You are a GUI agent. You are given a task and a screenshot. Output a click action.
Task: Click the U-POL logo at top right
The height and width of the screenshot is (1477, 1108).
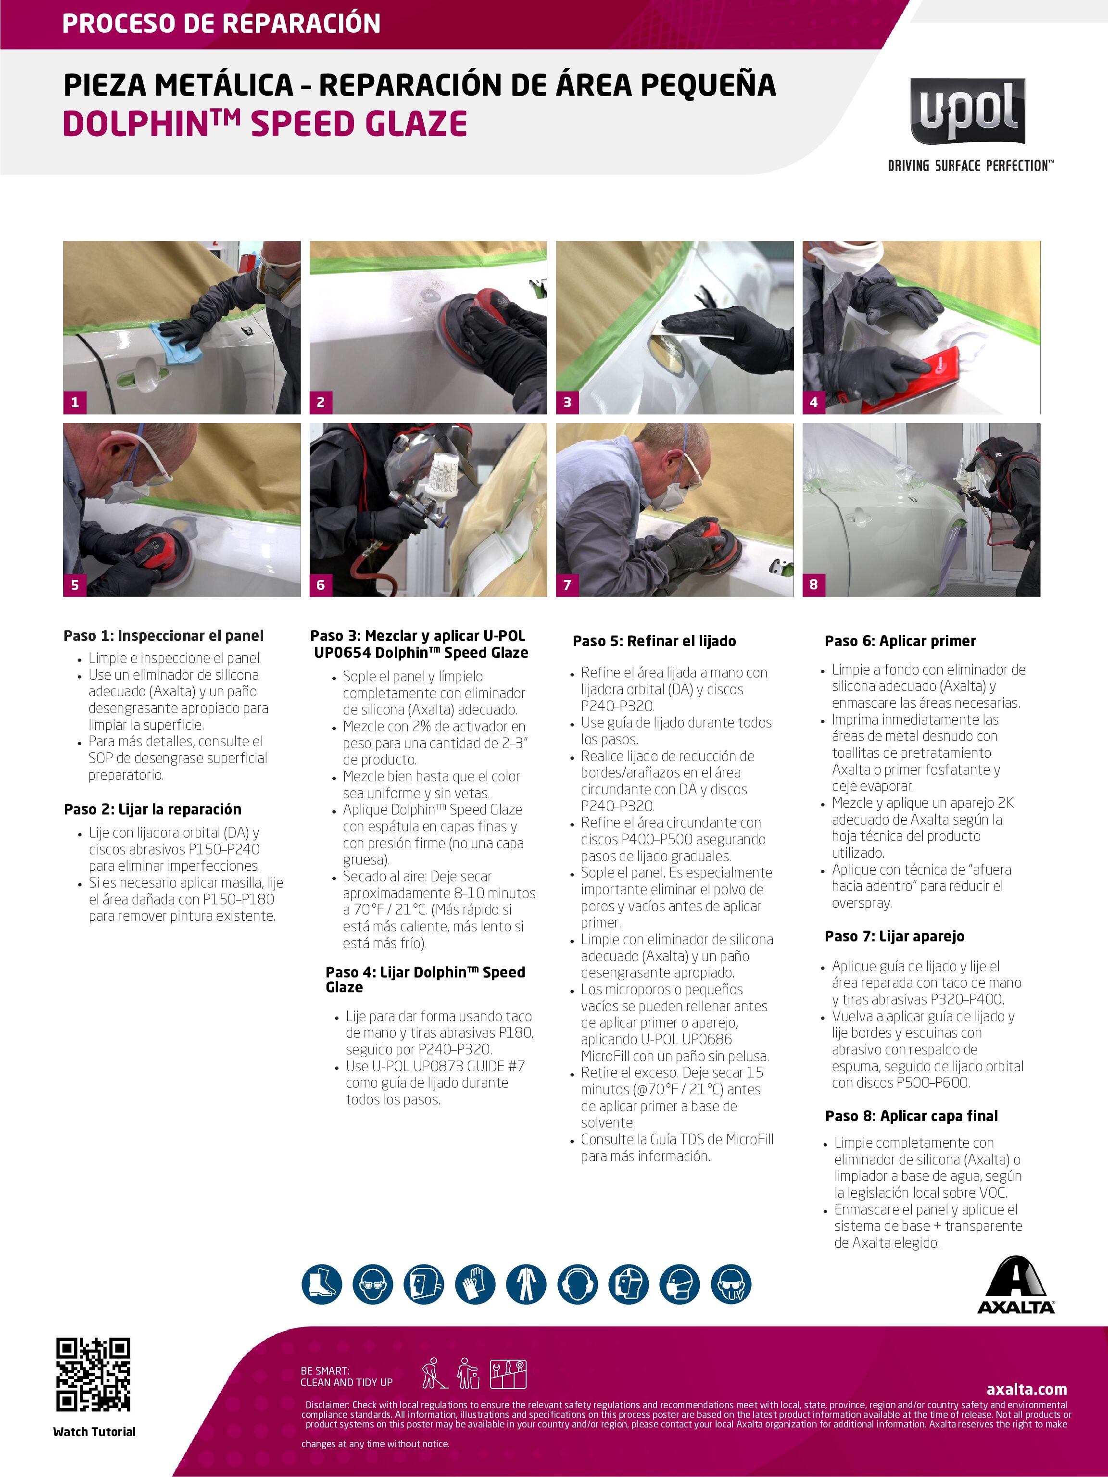tap(968, 111)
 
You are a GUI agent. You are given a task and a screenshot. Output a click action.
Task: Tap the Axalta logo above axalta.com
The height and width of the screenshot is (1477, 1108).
tap(1016, 1285)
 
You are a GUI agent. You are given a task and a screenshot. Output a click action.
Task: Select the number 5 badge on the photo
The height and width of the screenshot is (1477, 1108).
tap(75, 585)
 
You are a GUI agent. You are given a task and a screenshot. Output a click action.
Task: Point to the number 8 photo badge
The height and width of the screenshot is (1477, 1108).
tap(814, 585)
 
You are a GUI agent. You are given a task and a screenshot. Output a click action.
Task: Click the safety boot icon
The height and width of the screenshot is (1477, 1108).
tap(322, 1284)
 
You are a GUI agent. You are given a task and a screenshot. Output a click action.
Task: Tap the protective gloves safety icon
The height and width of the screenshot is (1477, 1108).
tap(475, 1284)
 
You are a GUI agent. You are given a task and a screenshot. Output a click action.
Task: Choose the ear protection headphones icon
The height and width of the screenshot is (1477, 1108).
tap(577, 1284)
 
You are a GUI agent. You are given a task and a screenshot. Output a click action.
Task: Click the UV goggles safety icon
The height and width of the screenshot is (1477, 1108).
tap(731, 1284)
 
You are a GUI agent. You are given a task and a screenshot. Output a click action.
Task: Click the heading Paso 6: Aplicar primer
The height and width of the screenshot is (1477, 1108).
tap(900, 641)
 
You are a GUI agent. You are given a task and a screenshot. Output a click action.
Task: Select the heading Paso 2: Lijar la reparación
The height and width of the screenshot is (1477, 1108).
tap(153, 809)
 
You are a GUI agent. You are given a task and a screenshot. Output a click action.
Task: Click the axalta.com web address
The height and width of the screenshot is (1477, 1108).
tap(1027, 1389)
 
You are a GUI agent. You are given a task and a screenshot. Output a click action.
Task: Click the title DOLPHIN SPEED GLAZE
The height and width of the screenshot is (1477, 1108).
tap(264, 124)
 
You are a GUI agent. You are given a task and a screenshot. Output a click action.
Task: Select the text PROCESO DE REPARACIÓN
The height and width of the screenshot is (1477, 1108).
tap(221, 24)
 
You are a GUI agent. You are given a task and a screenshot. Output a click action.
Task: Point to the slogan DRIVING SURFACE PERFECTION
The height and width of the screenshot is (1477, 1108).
tap(970, 165)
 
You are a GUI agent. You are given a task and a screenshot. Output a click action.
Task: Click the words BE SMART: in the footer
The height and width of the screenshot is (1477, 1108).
tap(325, 1371)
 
